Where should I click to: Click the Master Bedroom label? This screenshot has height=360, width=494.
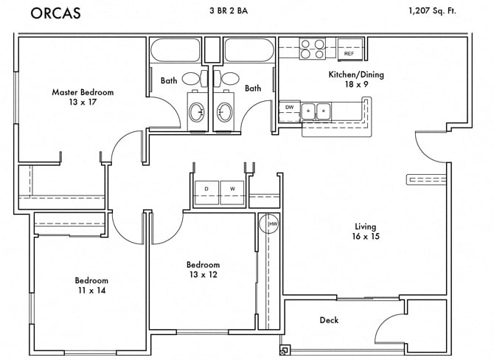(x=83, y=92)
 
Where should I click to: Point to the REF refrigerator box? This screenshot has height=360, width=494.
(x=349, y=54)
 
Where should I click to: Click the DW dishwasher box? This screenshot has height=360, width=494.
(x=289, y=108)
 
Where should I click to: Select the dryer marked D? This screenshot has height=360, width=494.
(x=206, y=190)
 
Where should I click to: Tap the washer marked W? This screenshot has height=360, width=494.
(x=232, y=190)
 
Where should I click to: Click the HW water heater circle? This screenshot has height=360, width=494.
(x=272, y=224)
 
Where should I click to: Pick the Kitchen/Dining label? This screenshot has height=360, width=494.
(x=355, y=75)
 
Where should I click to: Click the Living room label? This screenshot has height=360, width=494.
(x=365, y=226)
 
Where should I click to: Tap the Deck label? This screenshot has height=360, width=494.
(x=329, y=320)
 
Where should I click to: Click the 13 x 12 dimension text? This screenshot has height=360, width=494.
(x=203, y=274)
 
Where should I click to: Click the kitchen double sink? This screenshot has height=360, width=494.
(x=323, y=111)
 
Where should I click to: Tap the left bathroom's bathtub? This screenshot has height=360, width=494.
(x=175, y=51)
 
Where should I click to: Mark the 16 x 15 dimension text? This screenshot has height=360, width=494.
(x=365, y=237)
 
